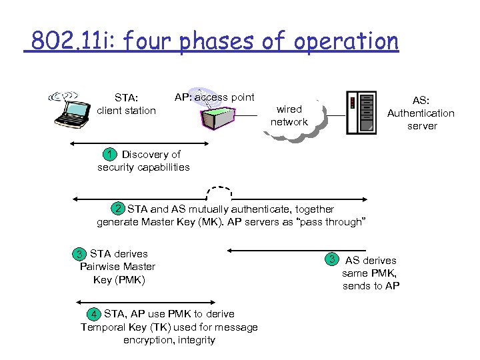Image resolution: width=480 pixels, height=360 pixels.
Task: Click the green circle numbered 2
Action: [119, 209]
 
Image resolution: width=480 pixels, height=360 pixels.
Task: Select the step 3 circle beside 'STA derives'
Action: [81, 254]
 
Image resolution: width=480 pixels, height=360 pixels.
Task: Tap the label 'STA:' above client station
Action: [126, 98]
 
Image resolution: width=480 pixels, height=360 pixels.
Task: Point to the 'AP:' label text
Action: [183, 97]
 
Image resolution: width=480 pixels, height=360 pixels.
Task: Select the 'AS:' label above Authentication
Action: [421, 101]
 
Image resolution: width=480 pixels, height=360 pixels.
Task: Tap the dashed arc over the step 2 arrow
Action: [219, 189]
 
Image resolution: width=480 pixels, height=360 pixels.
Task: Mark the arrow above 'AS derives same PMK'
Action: [277, 251]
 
